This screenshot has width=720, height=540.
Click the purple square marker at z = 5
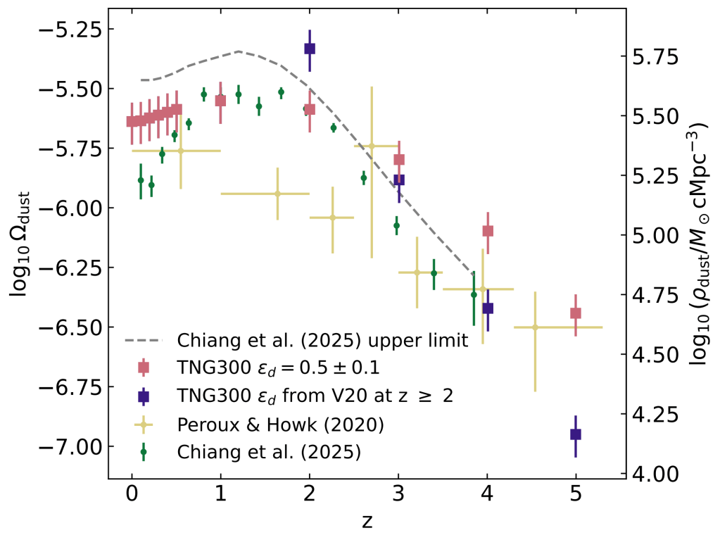[576, 434]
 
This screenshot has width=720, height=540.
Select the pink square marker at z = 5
[576, 313]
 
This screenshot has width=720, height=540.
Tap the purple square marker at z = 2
[310, 49]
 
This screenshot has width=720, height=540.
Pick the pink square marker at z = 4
[488, 231]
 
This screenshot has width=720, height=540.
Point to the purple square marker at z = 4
[488, 308]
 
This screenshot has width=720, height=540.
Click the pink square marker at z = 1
[220, 101]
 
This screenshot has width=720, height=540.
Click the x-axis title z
[366, 522]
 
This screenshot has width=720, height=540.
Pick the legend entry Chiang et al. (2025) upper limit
[322, 341]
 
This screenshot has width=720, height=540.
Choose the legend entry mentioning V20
[313, 396]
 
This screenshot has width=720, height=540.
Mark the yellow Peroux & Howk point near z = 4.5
[535, 327]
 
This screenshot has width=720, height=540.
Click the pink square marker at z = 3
[399, 160]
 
